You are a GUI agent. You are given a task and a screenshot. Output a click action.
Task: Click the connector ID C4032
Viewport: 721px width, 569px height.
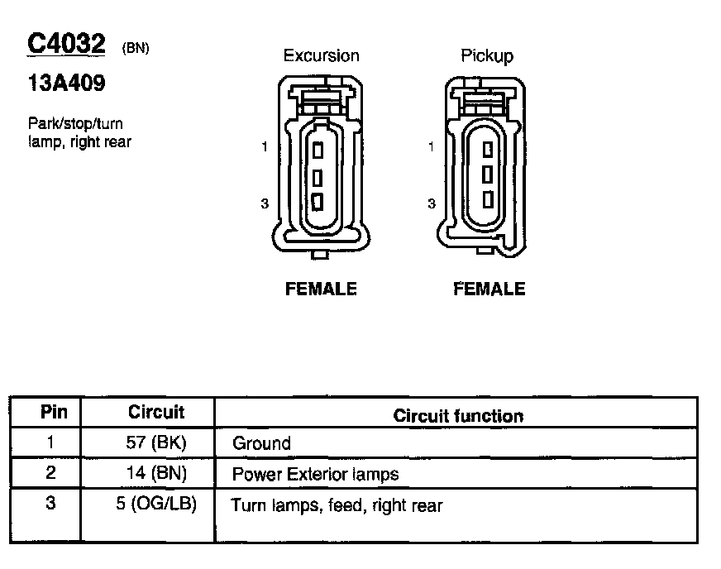click(x=66, y=44)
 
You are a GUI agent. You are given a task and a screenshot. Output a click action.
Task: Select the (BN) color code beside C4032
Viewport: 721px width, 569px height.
click(x=136, y=48)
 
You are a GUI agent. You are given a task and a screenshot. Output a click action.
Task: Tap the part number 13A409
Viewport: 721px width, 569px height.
click(x=67, y=83)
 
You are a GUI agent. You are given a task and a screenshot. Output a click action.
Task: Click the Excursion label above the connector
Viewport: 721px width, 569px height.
click(x=321, y=55)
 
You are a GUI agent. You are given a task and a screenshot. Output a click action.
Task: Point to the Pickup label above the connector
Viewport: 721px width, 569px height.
click(x=487, y=56)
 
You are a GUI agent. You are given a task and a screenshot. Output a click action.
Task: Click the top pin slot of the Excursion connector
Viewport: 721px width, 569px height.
click(x=318, y=151)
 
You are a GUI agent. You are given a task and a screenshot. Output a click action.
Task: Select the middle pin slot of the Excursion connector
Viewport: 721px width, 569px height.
click(x=318, y=178)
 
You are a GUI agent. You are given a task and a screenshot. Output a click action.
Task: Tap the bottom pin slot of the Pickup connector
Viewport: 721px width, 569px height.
click(x=488, y=199)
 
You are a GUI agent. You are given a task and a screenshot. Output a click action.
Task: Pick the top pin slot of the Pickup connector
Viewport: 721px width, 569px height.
click(x=488, y=150)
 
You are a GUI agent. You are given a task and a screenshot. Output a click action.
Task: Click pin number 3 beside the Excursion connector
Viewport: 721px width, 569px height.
click(x=265, y=203)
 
